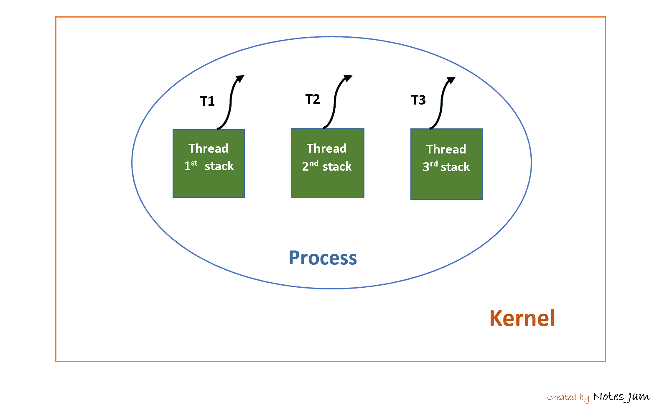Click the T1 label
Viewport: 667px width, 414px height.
click(207, 101)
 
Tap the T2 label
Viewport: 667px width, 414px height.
click(313, 100)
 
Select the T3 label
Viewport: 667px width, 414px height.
click(418, 100)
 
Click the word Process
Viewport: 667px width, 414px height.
click(323, 258)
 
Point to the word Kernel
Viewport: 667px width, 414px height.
click(522, 318)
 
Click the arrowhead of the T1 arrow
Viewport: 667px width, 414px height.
click(240, 79)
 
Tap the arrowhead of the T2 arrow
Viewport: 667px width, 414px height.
click(348, 78)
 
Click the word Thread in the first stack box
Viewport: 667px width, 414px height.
click(208, 148)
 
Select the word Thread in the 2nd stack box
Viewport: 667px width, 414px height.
click(326, 148)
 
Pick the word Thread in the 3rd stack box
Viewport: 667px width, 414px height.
click(446, 149)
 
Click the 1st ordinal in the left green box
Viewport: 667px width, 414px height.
click(190, 166)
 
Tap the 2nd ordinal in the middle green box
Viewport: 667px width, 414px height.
click(310, 166)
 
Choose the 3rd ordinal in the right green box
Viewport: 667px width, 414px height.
click(430, 166)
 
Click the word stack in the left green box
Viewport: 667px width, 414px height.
click(219, 166)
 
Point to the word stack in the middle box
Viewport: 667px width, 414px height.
click(337, 167)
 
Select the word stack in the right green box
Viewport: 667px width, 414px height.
click(455, 167)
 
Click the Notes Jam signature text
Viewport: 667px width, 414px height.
click(621, 396)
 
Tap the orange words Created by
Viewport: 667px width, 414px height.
click(568, 397)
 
